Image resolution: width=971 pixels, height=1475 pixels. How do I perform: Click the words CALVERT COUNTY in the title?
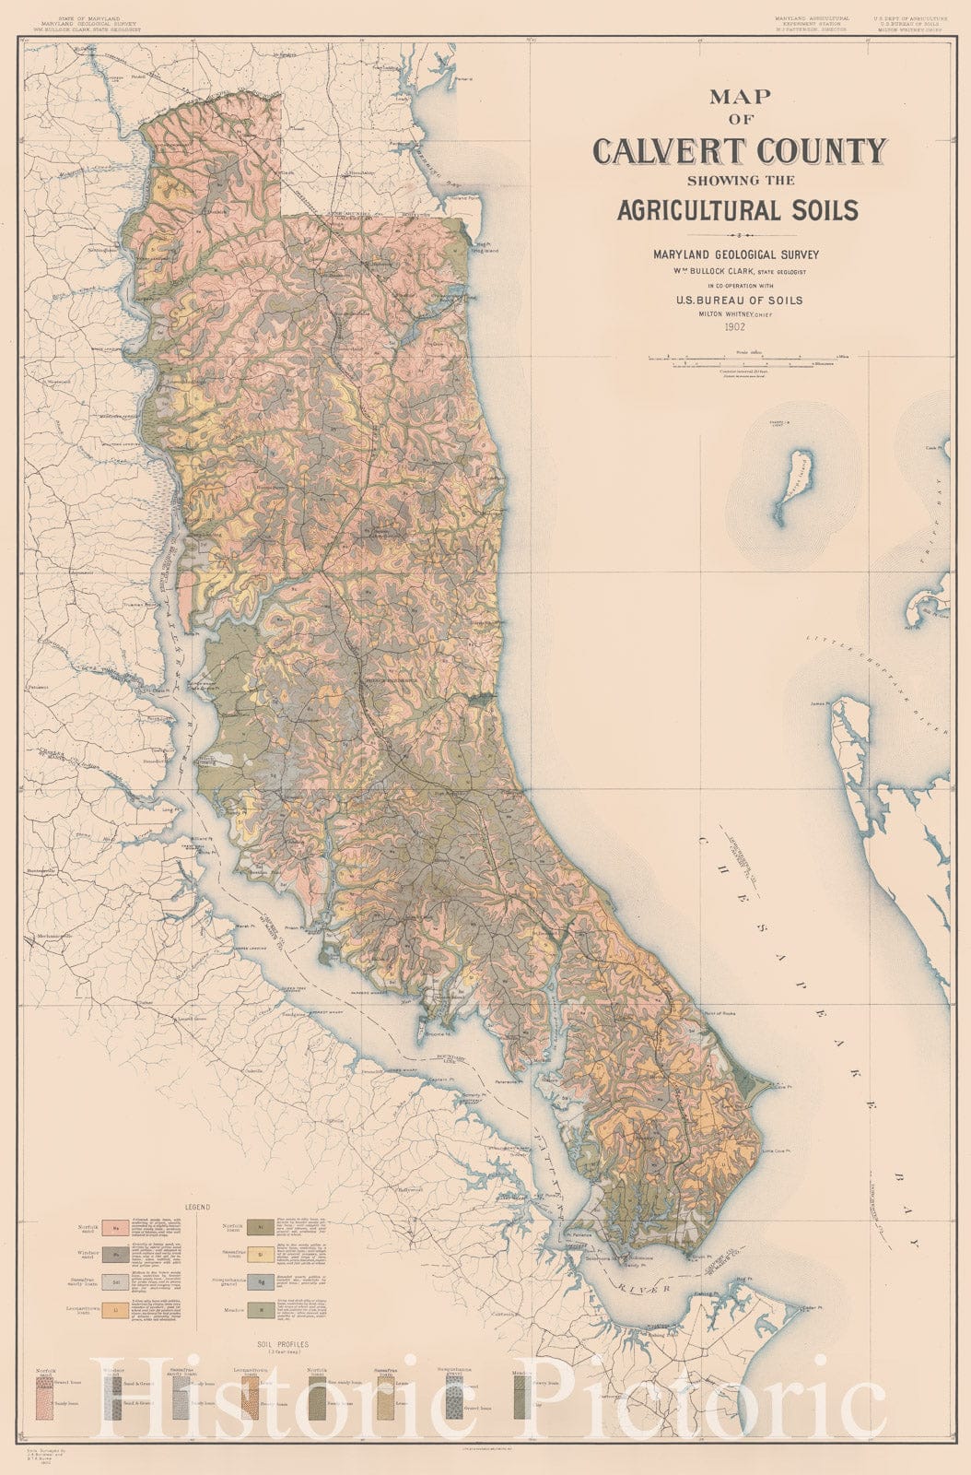tap(739, 150)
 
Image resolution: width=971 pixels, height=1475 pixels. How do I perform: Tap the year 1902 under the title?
tap(735, 326)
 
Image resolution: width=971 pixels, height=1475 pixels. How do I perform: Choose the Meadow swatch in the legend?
tap(261, 1308)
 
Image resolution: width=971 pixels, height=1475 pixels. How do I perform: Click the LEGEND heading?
tap(197, 1206)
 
